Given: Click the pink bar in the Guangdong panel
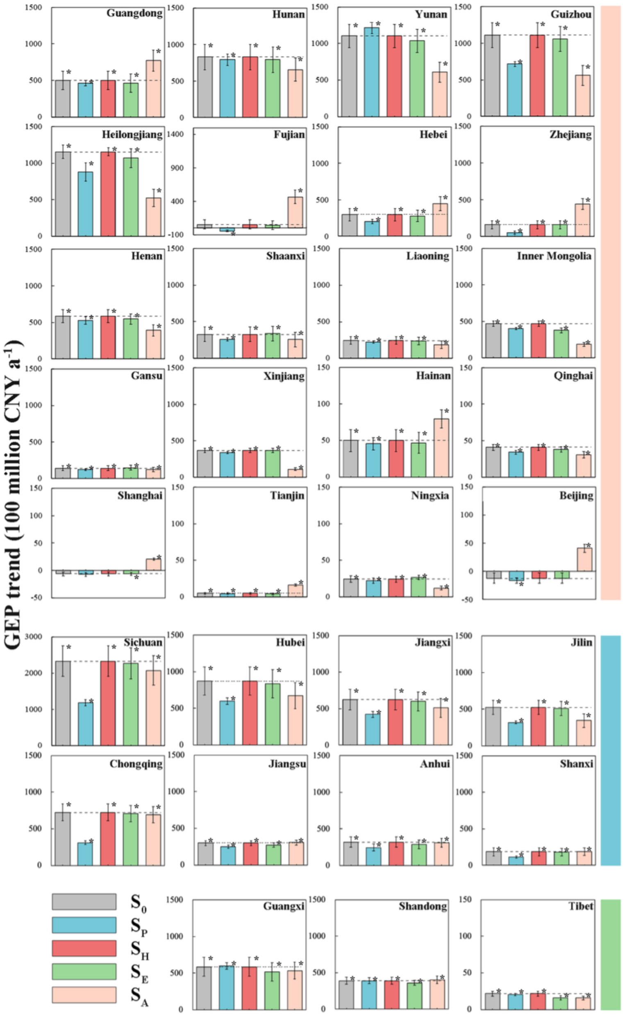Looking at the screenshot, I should (153, 89).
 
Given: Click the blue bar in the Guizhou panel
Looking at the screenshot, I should (515, 90).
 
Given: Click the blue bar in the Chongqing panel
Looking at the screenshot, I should (86, 854).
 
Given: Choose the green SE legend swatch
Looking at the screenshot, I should (84, 971).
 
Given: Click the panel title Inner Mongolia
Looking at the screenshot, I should (554, 256).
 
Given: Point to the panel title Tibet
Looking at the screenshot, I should (580, 906).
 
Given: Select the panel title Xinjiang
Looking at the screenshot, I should (284, 376).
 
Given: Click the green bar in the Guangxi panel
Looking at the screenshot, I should (272, 990).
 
